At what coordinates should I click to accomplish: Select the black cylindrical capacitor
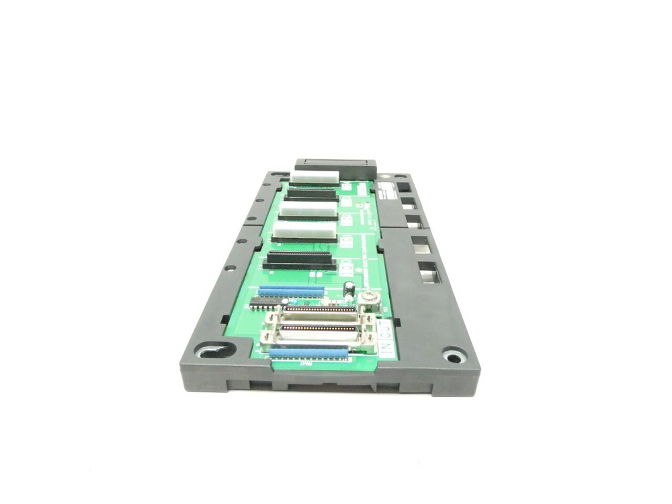(x=350, y=288)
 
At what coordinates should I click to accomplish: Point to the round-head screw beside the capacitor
(x=368, y=298)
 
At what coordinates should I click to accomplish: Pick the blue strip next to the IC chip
(x=291, y=292)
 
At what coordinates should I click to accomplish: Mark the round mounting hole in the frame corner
(x=454, y=355)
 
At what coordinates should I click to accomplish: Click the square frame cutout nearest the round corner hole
(x=427, y=271)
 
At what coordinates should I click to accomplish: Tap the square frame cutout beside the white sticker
(x=406, y=189)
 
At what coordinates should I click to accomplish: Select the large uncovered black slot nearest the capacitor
(x=300, y=259)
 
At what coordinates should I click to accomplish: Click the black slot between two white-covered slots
(x=310, y=195)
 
